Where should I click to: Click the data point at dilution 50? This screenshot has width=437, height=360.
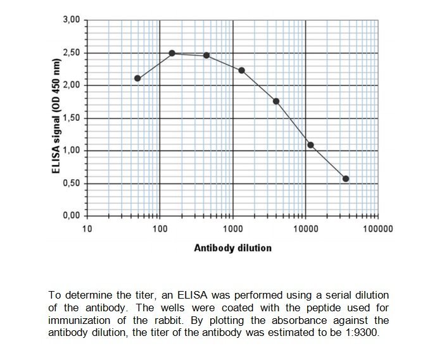point(137,78)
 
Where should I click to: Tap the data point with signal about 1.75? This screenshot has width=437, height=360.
point(276,101)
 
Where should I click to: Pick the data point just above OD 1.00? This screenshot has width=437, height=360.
point(310,145)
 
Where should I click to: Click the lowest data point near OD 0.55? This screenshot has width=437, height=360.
point(346,179)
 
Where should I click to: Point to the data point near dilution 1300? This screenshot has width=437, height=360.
point(241,70)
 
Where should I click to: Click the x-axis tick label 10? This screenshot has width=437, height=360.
point(87,229)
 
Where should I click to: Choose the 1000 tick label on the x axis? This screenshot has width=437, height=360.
point(232,229)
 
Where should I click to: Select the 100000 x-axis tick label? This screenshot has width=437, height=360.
point(378,229)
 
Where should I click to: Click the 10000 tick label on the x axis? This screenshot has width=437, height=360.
point(305,229)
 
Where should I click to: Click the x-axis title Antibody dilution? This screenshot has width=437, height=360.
point(232,248)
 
